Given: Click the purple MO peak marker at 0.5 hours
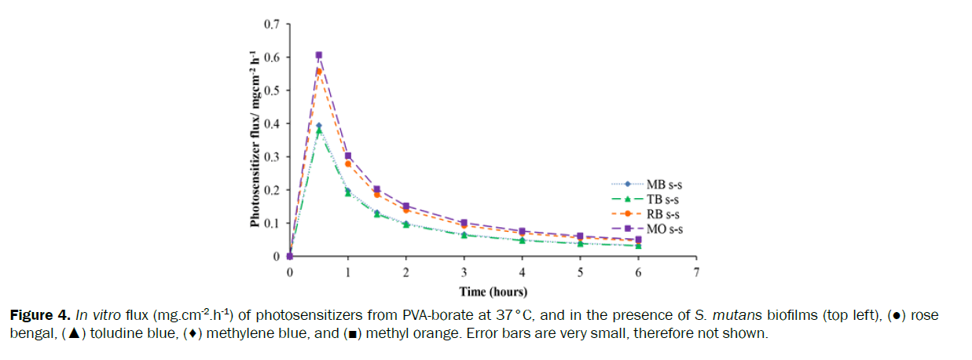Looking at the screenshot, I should (x=319, y=55).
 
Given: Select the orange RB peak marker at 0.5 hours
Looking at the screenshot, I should (x=319, y=72).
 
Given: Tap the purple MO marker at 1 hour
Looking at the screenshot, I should (x=348, y=156).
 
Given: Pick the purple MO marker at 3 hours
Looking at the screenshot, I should (x=464, y=222).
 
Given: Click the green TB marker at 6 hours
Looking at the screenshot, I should (x=638, y=245).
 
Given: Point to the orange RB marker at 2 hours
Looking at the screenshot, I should (x=406, y=210).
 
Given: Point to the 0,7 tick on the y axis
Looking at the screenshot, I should (x=272, y=24).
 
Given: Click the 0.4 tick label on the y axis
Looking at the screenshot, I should (x=272, y=123).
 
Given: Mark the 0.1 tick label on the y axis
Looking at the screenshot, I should (x=272, y=223).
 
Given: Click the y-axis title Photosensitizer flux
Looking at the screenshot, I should (x=255, y=138).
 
